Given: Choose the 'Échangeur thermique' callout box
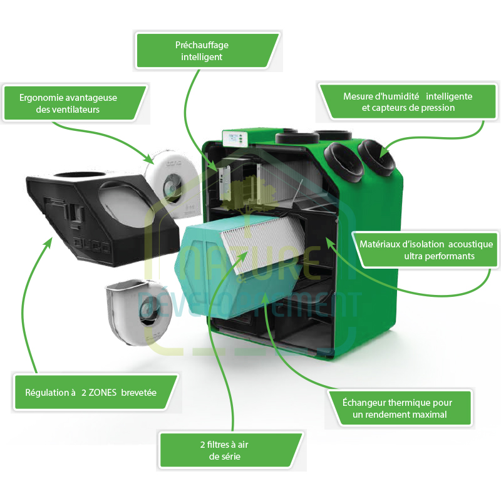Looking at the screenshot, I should [x=398, y=408].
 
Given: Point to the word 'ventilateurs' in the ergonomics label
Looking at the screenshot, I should [x=76, y=110].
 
